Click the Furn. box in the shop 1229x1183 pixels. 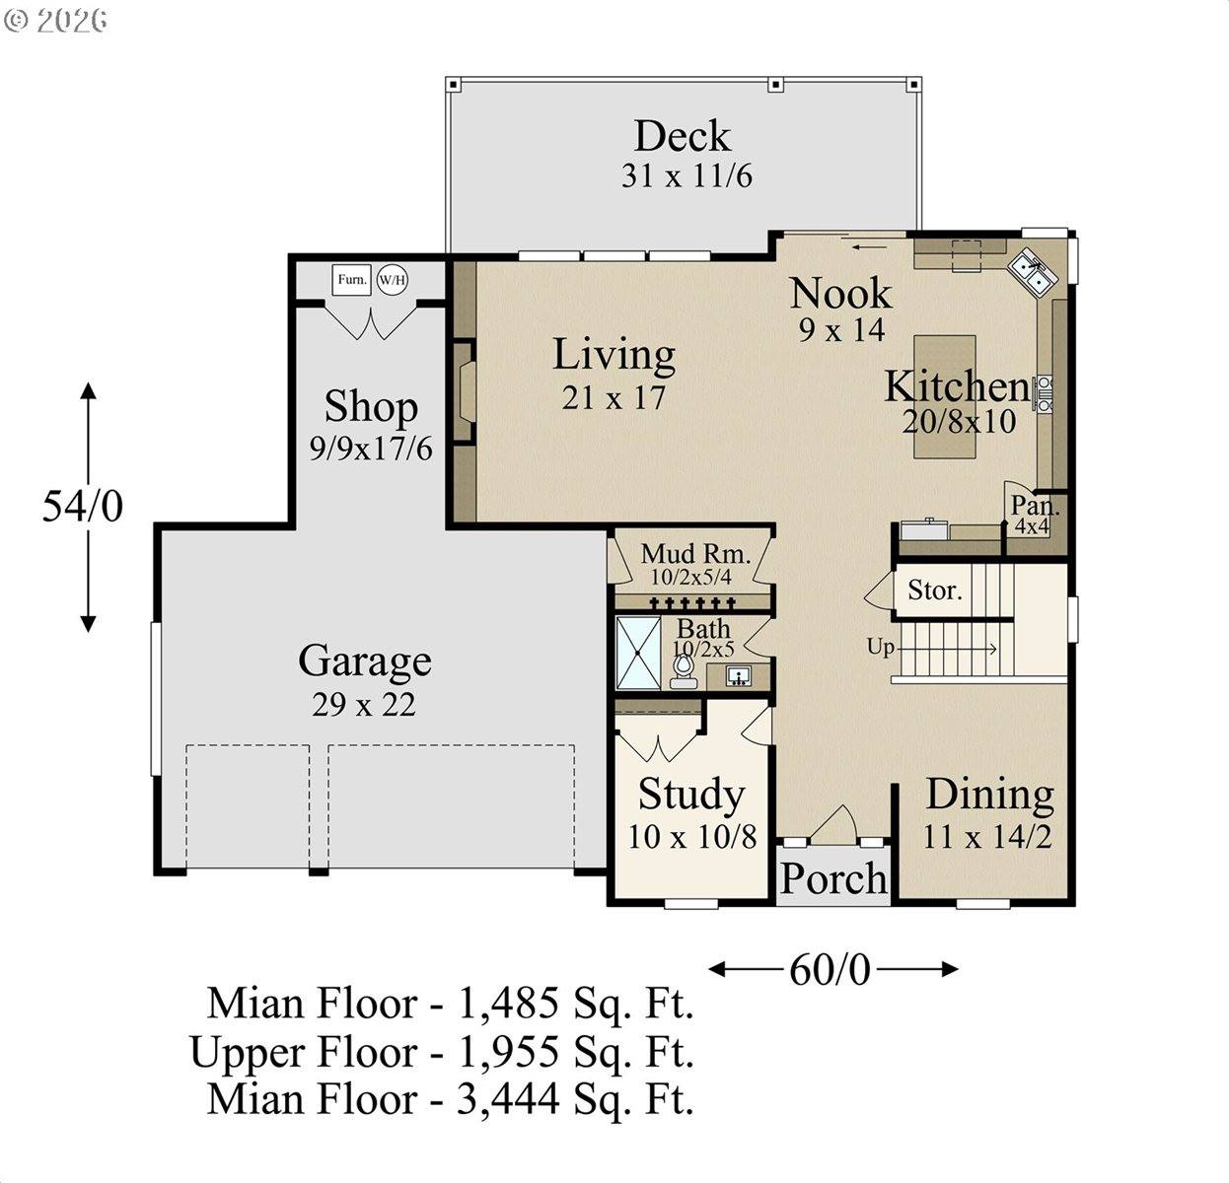click(351, 280)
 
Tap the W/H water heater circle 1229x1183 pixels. click(392, 280)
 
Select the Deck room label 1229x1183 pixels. click(682, 136)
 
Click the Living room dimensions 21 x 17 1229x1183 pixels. click(614, 397)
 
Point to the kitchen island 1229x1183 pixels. click(944, 395)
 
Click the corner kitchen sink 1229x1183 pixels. click(1033, 272)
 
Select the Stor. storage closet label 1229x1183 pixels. click(934, 591)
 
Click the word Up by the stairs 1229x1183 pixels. click(880, 647)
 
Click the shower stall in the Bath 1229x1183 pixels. click(638, 653)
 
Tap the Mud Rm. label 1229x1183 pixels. click(695, 553)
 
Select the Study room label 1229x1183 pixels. click(690, 794)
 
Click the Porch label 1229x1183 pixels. click(833, 877)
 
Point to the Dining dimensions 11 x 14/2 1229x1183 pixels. click(987, 837)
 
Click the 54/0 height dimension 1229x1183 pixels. click(83, 506)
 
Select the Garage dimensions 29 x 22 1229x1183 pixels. click(364, 704)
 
